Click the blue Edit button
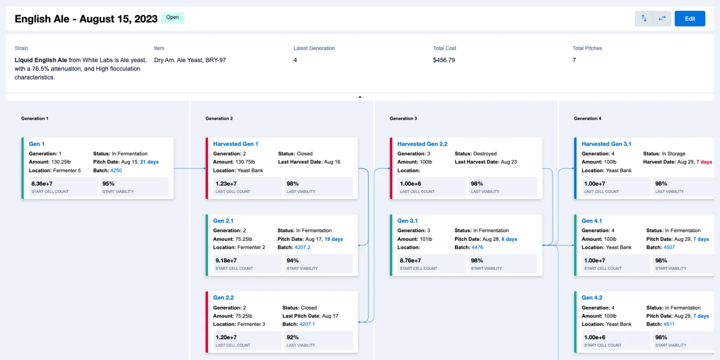(689, 18)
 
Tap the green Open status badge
(172, 18)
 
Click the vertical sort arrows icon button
(644, 18)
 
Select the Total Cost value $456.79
(444, 60)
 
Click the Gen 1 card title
(36, 144)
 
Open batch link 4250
(116, 171)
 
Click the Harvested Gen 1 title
(235, 144)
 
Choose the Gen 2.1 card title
(223, 221)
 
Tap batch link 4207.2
(302, 247)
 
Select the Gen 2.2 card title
(223, 298)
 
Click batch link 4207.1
(307, 324)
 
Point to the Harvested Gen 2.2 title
(422, 144)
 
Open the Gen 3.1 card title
(407, 221)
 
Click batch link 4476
(477, 247)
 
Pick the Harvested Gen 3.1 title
(606, 144)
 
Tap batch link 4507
(669, 247)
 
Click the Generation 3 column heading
(403, 119)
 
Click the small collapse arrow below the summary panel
(360, 97)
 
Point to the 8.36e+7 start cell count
(42, 184)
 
